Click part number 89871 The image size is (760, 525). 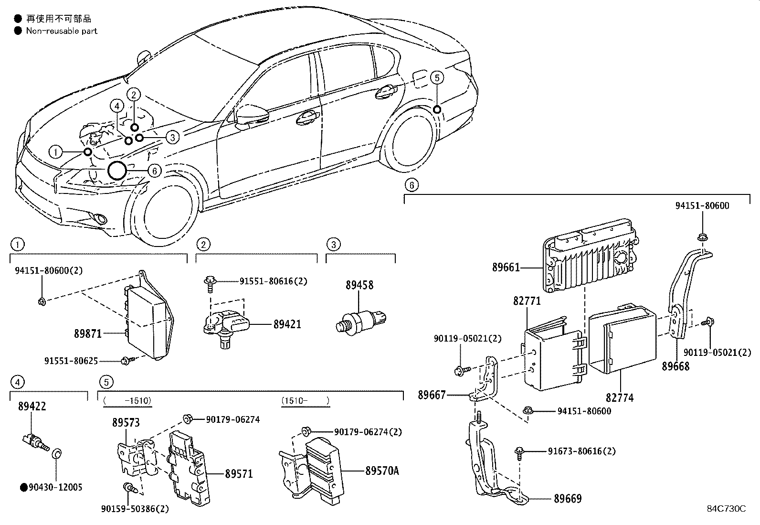pos(88,333)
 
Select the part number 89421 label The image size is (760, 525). pos(287,324)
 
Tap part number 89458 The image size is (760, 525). pos(359,285)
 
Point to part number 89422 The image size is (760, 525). pos(32,406)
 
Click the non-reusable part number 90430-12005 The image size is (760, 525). pos(55,487)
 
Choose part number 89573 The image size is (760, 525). pos(126,422)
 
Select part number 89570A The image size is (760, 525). pos(382,471)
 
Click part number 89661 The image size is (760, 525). pos(506,268)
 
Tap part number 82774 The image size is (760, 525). pos(620,397)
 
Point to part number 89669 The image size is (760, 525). pos(568,499)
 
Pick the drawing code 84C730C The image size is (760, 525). pos(726,508)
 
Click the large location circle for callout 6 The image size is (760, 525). pos(117,170)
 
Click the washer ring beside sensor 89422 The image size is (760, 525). pos(55,453)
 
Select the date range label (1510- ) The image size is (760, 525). pos(305,401)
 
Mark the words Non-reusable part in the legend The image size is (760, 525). pos(62,31)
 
